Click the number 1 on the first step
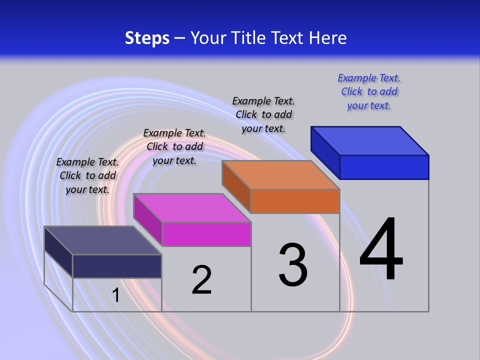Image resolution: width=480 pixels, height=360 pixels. (x=116, y=295)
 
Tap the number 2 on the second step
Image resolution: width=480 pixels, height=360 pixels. (x=201, y=280)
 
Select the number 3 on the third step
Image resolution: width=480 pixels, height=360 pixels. (x=293, y=265)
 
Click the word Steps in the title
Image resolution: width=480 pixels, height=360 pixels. (x=147, y=38)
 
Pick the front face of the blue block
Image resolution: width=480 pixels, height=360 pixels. (x=384, y=167)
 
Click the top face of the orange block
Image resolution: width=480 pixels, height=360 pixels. (x=281, y=175)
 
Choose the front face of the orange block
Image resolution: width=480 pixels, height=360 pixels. (x=295, y=201)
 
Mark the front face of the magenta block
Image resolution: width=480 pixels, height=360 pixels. (x=206, y=234)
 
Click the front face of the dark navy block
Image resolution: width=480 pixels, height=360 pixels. (x=117, y=266)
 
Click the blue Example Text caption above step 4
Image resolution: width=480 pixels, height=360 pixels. (x=369, y=91)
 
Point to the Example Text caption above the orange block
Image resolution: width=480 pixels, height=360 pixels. (x=263, y=114)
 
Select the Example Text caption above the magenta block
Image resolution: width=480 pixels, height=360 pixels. (x=174, y=146)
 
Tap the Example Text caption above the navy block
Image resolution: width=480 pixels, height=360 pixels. (x=87, y=175)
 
